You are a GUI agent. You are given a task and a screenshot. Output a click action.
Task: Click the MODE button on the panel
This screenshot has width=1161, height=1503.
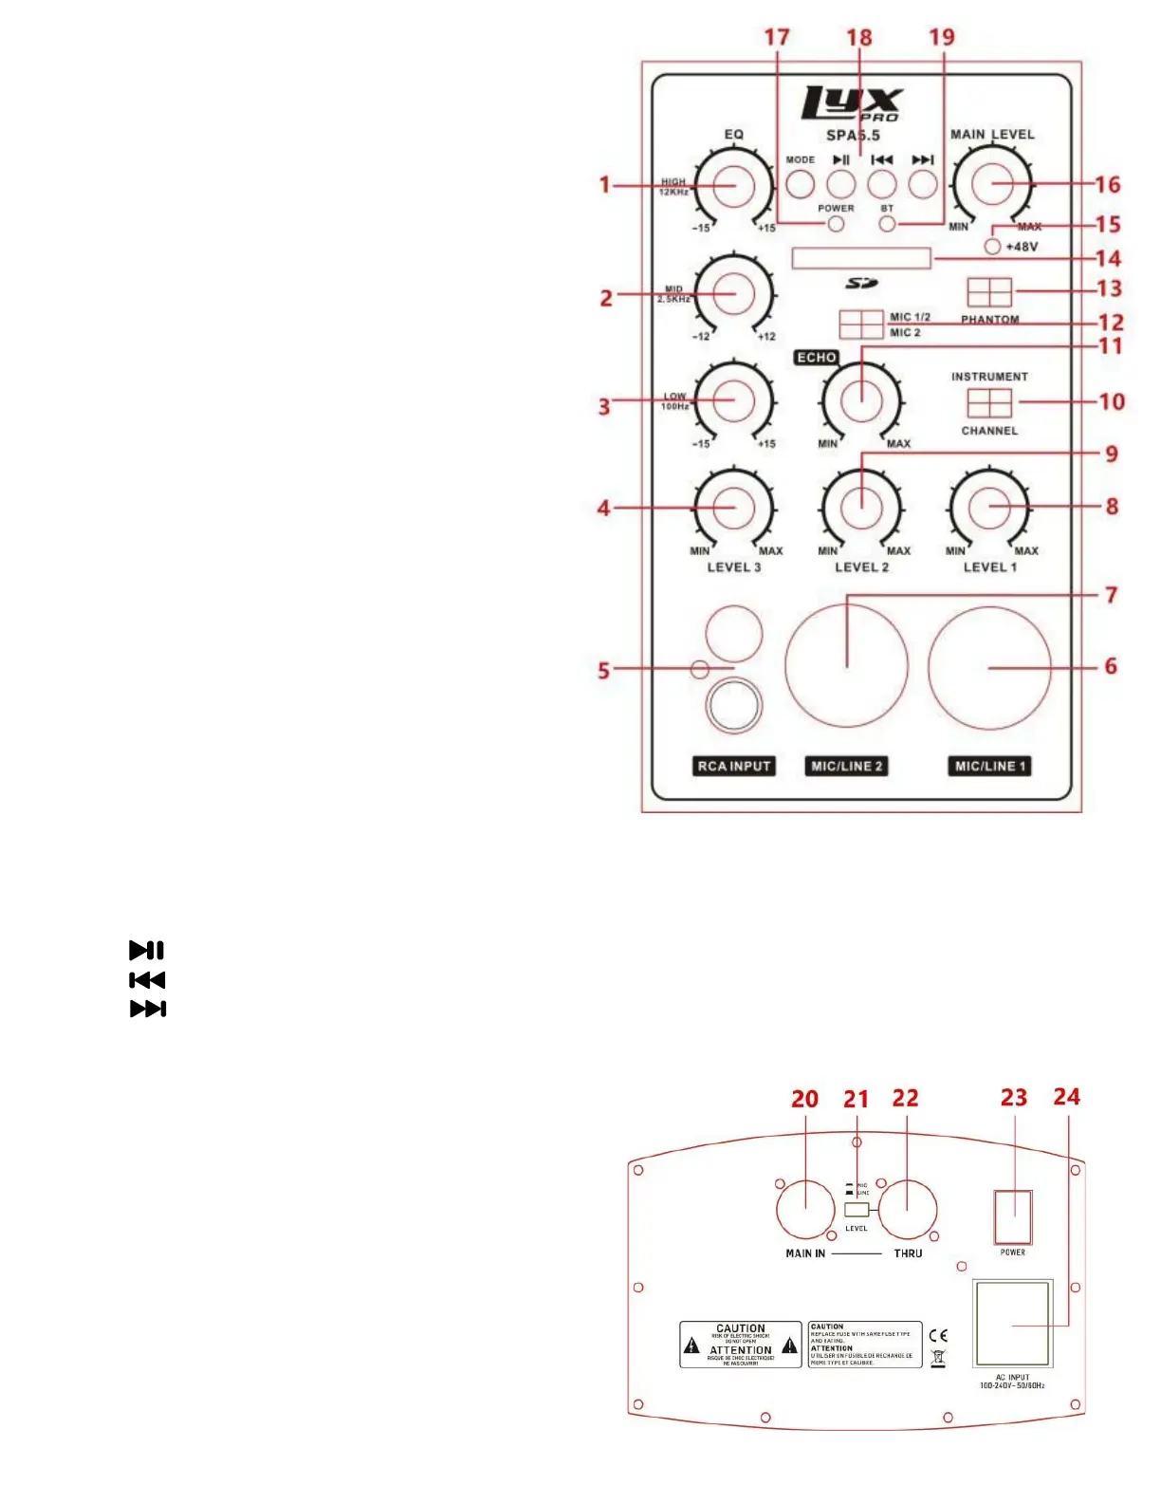click(800, 183)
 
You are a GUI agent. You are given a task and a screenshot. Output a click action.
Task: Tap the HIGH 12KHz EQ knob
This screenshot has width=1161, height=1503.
click(734, 185)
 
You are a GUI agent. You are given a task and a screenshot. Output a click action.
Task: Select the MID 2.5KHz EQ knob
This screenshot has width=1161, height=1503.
click(734, 294)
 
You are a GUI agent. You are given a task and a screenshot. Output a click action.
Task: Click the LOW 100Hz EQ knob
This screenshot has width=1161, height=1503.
click(734, 400)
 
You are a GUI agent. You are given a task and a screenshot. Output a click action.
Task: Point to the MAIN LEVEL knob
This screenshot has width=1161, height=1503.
click(991, 185)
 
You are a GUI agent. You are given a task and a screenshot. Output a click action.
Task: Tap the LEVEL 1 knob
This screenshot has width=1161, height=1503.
click(988, 507)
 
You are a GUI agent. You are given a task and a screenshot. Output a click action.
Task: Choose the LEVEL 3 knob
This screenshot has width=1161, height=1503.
click(734, 508)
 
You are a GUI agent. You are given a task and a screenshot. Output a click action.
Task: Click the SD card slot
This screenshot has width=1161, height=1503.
click(861, 259)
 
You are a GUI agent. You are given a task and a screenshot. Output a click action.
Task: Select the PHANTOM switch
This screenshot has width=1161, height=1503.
click(989, 291)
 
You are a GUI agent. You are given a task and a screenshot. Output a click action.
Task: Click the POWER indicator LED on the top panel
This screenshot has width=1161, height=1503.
click(836, 225)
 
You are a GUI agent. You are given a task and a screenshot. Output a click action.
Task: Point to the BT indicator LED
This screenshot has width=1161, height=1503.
click(887, 225)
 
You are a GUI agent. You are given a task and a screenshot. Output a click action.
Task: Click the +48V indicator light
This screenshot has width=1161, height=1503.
click(992, 247)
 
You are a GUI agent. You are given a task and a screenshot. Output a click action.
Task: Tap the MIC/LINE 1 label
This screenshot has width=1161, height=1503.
click(990, 766)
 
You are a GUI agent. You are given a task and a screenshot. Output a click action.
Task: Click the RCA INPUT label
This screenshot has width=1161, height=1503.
click(734, 766)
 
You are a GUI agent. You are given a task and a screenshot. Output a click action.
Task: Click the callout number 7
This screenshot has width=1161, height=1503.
click(1111, 595)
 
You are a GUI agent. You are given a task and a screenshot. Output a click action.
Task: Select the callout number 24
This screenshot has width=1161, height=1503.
click(1066, 1097)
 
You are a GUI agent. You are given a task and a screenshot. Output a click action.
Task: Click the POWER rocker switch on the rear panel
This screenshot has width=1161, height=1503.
click(1012, 1216)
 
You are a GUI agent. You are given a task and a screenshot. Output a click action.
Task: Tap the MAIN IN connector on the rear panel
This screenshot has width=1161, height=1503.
click(805, 1210)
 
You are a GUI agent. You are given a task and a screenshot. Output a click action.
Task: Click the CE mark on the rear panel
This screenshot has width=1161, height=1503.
click(938, 1335)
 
